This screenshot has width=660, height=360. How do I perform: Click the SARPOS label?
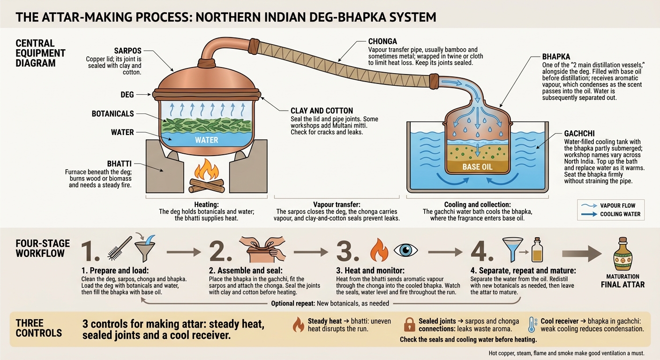(127, 51)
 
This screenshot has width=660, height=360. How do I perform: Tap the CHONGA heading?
(382, 42)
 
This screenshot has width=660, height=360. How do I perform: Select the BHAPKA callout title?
(556, 57)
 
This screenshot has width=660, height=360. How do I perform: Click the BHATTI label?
(120, 164)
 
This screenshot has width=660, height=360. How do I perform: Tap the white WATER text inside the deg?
(207, 140)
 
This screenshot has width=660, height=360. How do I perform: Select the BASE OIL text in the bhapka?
(477, 167)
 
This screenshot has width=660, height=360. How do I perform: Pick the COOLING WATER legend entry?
(610, 214)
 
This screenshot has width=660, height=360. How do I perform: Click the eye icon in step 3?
(406, 250)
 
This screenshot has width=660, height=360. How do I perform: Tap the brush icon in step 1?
(120, 248)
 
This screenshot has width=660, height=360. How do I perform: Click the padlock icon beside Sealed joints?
(409, 325)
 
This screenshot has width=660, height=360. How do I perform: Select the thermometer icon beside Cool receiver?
(532, 325)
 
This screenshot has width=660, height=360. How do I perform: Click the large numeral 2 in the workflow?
(220, 251)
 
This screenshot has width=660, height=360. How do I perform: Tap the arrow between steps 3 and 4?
(445, 252)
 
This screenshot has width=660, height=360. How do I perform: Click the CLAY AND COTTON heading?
(322, 111)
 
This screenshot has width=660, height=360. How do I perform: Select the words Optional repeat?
(293, 303)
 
